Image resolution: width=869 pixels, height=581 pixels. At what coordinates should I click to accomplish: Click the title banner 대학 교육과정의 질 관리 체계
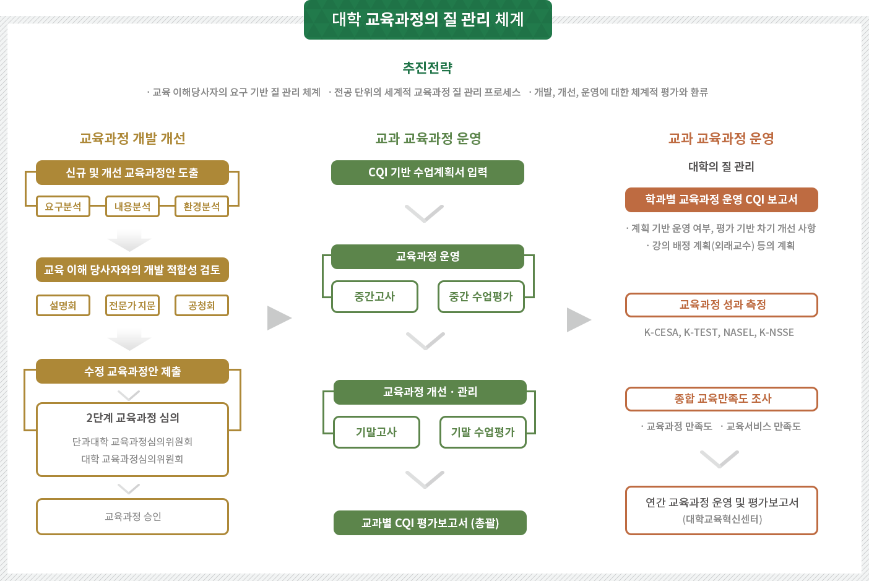[428, 20]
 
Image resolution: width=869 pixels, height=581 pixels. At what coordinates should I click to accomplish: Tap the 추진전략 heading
[428, 67]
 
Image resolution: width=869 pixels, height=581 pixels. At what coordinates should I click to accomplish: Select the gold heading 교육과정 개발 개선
[132, 138]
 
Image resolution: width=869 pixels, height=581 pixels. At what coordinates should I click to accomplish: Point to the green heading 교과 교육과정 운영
[428, 138]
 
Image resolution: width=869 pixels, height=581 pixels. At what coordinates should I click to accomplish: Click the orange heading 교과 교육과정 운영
[721, 138]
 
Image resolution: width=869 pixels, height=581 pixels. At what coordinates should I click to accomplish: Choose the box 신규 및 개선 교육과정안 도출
[132, 173]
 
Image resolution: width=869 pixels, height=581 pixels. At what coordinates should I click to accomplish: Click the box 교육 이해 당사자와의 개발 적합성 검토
[132, 270]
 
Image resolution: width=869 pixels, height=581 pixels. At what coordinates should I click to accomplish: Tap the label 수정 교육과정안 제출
[132, 371]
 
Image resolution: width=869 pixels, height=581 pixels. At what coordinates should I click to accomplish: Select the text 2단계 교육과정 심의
[132, 418]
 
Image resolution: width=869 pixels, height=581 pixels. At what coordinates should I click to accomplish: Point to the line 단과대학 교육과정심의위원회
[132, 442]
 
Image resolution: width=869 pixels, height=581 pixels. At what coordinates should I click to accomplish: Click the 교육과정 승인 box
[132, 517]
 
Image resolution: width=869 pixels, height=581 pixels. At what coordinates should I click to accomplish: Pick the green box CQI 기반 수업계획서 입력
[428, 173]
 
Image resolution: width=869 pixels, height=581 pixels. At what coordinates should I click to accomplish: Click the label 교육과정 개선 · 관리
[430, 392]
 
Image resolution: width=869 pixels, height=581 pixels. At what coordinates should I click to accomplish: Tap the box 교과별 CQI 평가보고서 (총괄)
[430, 523]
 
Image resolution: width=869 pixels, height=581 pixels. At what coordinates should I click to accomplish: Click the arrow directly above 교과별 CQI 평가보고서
[425, 480]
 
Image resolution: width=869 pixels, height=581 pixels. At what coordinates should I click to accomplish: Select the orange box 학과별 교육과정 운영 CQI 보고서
[721, 200]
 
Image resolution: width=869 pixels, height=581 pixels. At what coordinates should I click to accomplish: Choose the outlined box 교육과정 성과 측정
[722, 305]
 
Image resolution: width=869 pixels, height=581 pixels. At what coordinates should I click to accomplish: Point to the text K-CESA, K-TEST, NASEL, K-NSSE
[719, 332]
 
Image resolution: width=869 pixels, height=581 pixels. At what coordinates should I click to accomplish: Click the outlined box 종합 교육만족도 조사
[722, 399]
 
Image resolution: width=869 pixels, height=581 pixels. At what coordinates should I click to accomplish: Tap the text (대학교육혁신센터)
[722, 519]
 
